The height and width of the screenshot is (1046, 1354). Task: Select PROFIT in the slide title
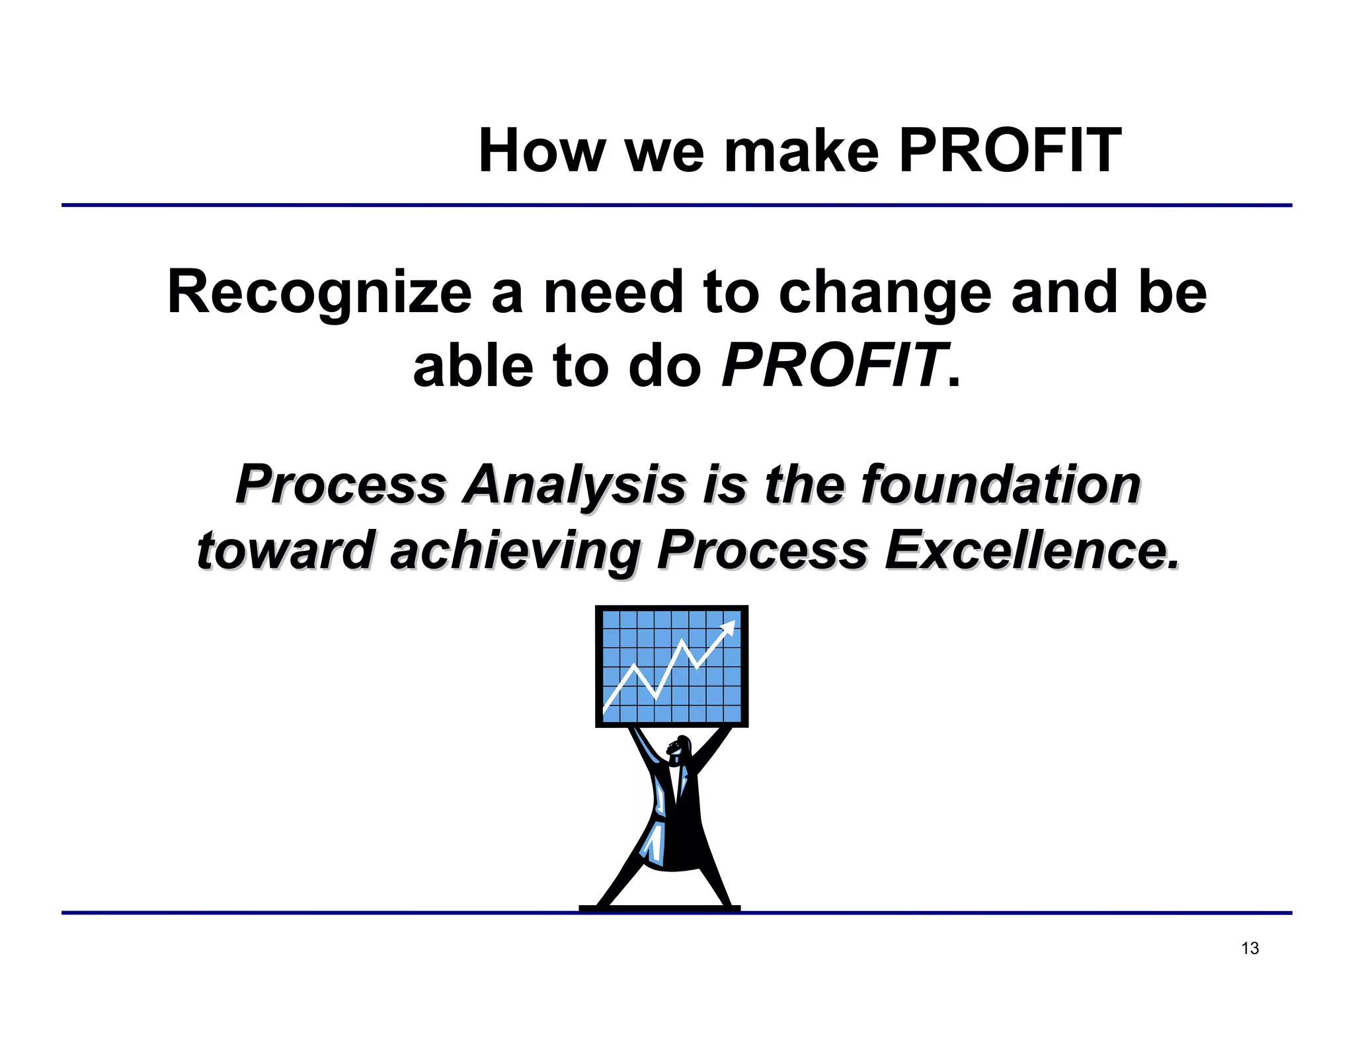[x=1010, y=151]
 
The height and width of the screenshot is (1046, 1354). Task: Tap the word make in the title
[x=801, y=151]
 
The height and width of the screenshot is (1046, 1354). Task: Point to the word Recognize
[x=319, y=292]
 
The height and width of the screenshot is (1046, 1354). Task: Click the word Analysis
[x=575, y=486]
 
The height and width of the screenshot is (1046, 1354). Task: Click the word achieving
[x=514, y=551]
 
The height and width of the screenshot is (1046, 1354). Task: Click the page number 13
[x=1250, y=948]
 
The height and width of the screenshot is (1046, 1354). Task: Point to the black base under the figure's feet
[x=659, y=908]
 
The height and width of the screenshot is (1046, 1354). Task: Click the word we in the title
[x=663, y=152]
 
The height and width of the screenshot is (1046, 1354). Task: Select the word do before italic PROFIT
[x=664, y=366]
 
